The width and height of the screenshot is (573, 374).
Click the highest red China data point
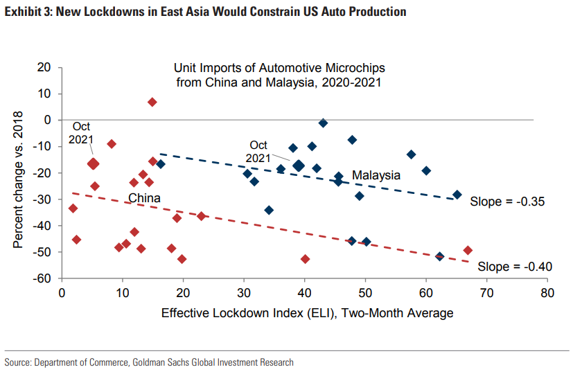[x=152, y=102]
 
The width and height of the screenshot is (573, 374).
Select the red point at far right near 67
[x=468, y=250]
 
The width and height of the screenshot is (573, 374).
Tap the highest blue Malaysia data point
[x=323, y=123]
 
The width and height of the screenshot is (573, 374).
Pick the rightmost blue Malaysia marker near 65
[x=457, y=195]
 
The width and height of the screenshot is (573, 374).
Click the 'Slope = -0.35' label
[x=507, y=202]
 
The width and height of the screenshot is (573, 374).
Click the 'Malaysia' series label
[x=376, y=175]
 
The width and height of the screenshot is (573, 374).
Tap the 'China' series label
[x=144, y=199]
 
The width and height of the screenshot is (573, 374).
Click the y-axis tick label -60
[x=43, y=278]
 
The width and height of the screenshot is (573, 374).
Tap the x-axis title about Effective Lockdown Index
[x=308, y=313]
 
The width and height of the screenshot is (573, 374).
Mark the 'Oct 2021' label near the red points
[x=81, y=133]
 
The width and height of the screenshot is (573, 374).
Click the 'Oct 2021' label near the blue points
[x=258, y=151]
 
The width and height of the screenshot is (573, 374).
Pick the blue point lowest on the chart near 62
[x=439, y=256]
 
